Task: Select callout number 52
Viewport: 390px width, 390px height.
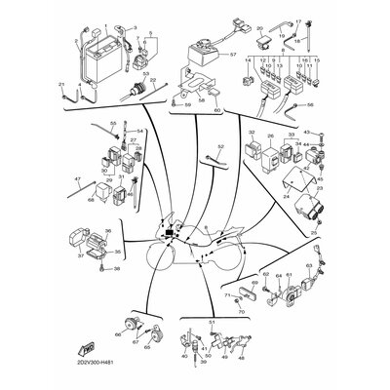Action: coord(220,145)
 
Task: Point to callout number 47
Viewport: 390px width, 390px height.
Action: coord(77,180)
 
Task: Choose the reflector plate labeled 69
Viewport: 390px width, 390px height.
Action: coord(260,293)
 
